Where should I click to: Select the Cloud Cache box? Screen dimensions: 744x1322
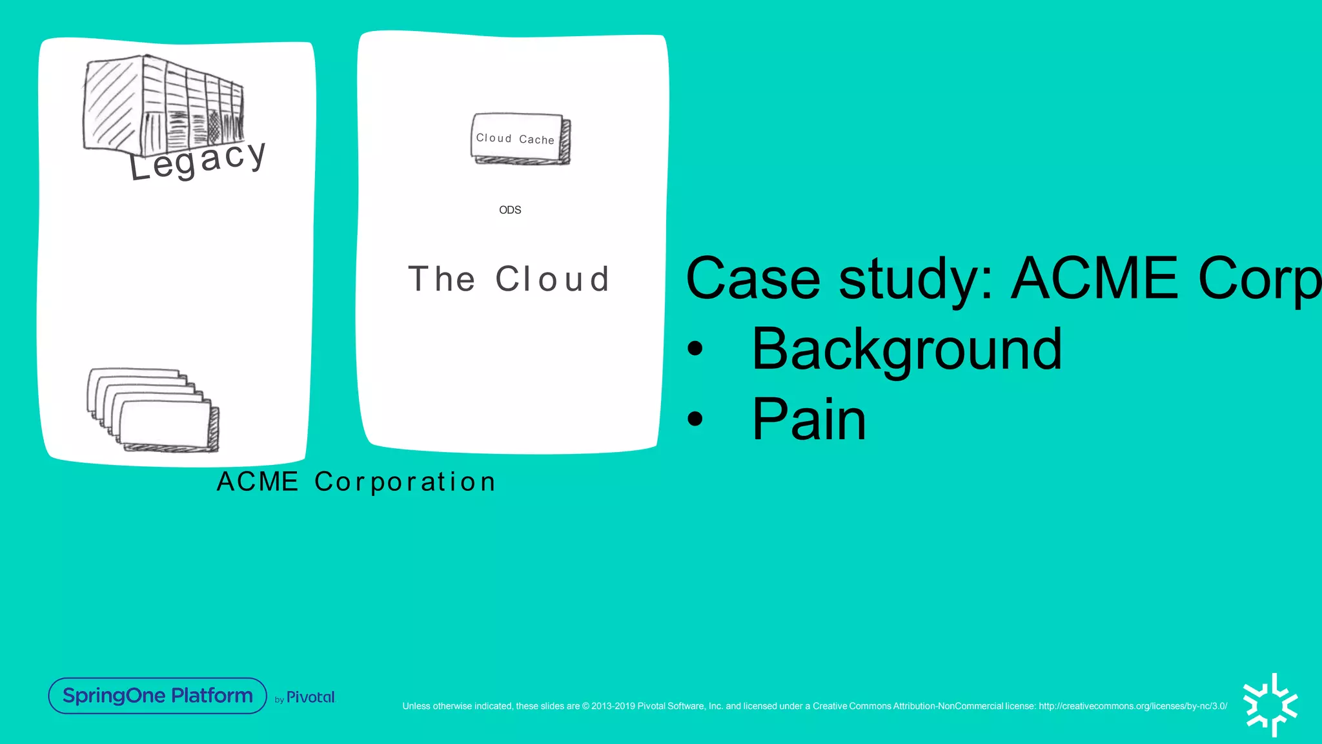point(519,139)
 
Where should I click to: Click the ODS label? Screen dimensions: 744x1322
point(510,210)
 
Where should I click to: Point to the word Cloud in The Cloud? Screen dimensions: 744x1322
point(553,279)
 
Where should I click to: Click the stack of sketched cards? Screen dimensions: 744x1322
point(154,409)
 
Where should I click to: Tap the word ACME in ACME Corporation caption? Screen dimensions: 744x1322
point(258,482)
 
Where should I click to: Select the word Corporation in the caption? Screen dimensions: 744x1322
point(405,482)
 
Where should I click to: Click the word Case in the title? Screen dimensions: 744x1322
point(753,279)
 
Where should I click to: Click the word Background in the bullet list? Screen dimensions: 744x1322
point(906,349)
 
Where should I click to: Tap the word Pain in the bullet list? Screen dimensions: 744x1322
point(809,420)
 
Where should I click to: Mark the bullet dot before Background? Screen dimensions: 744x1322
point(695,349)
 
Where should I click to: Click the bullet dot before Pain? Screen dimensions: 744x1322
point(695,419)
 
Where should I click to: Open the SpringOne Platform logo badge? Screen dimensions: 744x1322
point(158,696)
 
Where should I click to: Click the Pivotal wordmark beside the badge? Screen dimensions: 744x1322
point(310,697)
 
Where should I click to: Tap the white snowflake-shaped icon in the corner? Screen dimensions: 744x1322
point(1270,705)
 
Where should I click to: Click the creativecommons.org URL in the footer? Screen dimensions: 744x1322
point(1133,706)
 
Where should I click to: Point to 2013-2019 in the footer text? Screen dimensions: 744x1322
point(613,706)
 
